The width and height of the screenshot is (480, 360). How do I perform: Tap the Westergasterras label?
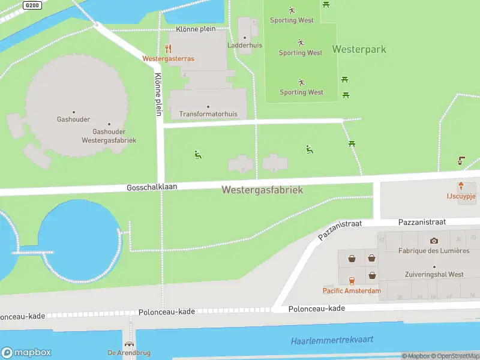(x=168, y=59)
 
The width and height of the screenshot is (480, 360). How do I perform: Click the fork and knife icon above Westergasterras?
(x=169, y=49)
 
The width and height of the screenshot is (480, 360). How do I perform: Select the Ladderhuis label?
(x=244, y=45)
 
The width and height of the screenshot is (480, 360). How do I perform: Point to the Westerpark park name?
(x=359, y=49)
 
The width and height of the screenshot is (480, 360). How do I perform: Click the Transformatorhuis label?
(x=208, y=114)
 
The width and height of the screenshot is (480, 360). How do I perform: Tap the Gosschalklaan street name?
(x=152, y=187)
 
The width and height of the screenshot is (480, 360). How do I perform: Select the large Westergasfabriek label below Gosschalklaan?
(x=262, y=190)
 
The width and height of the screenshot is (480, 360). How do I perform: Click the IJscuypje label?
(x=461, y=196)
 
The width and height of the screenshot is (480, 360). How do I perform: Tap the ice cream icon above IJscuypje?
(x=461, y=185)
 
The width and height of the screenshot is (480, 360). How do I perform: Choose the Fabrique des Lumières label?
(x=434, y=251)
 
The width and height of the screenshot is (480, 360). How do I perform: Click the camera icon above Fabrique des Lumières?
(x=434, y=241)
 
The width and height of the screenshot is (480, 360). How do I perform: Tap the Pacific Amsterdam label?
(x=352, y=291)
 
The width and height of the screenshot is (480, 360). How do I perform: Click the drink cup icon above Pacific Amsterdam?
(x=352, y=280)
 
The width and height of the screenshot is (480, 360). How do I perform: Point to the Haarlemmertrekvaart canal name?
(x=332, y=340)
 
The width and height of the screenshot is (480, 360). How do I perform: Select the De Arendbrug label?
(x=128, y=352)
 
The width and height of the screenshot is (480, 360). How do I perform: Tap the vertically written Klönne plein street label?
(x=158, y=94)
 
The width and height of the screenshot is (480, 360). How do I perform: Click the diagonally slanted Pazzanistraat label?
(x=340, y=230)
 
